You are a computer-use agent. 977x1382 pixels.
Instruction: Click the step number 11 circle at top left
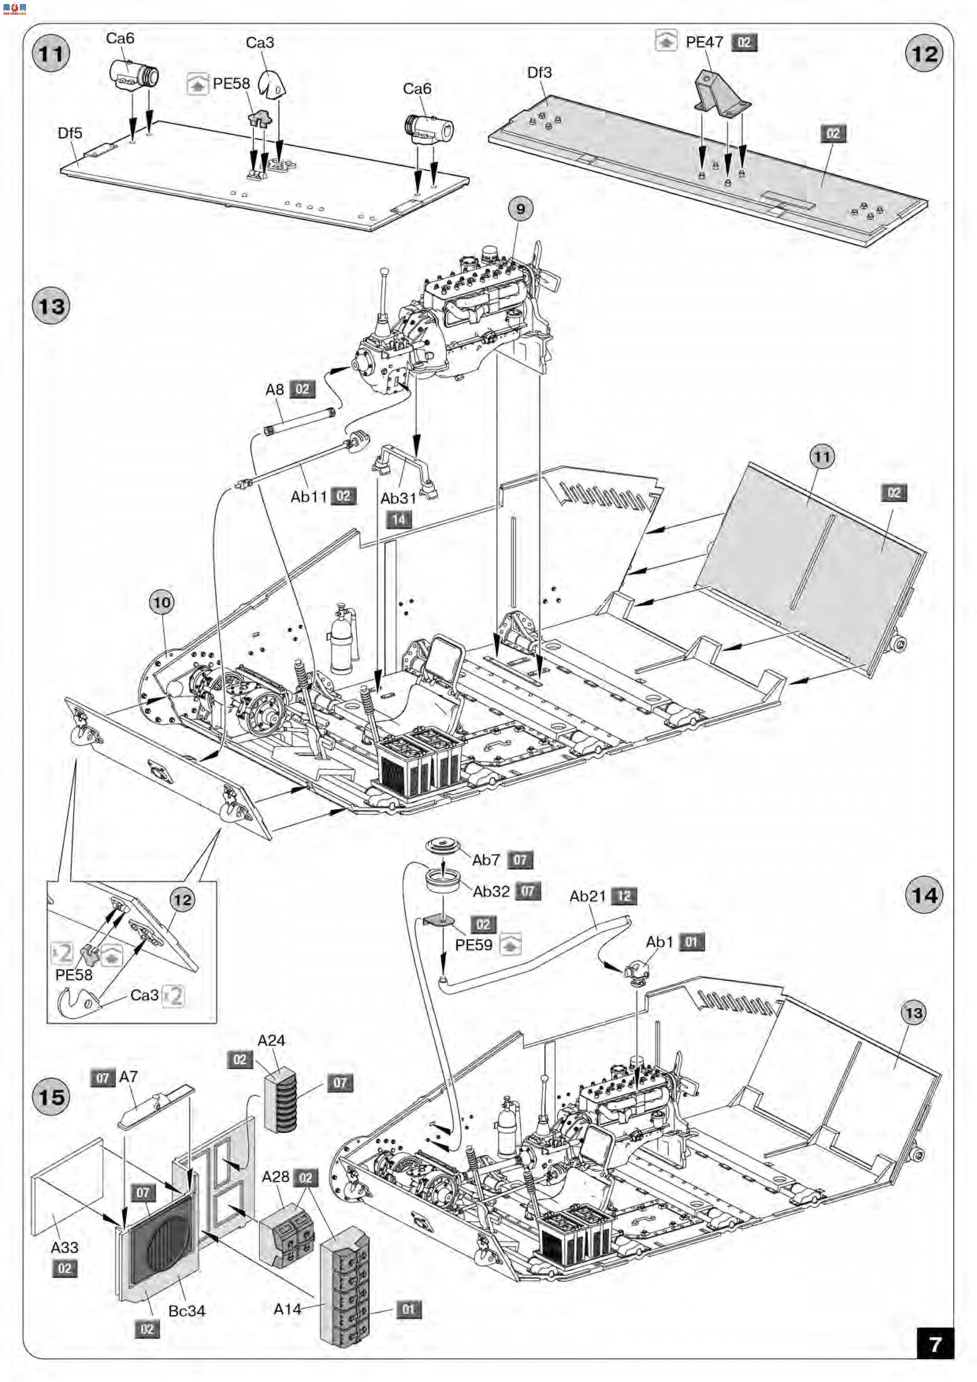point(50,54)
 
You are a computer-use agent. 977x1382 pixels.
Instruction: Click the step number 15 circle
point(51,1097)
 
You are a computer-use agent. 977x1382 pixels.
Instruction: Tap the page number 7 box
point(935,1343)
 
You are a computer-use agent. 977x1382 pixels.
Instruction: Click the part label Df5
point(70,133)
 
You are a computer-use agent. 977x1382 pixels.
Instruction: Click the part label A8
point(275,390)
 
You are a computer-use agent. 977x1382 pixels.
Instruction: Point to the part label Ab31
point(398,498)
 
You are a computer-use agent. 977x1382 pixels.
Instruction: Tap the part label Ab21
point(587,896)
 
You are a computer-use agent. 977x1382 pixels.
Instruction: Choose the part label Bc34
point(187,1310)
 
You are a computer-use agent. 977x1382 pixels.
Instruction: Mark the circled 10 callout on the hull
point(162,602)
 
